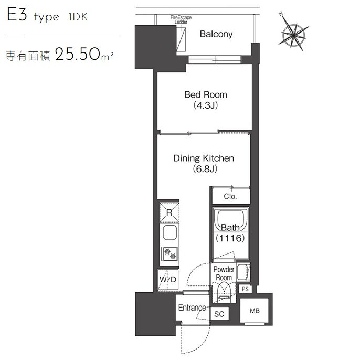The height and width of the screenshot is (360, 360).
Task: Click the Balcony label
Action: click(x=216, y=34)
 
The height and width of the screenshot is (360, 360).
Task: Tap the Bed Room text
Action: click(x=206, y=94)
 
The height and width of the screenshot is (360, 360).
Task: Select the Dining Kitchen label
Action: click(x=204, y=158)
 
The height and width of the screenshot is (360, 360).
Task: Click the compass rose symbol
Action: click(x=293, y=35)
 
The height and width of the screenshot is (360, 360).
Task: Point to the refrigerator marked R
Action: click(x=170, y=213)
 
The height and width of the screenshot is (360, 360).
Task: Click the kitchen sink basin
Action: click(x=170, y=232)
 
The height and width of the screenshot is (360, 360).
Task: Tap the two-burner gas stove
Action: click(x=170, y=253)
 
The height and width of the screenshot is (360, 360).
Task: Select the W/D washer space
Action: click(x=168, y=279)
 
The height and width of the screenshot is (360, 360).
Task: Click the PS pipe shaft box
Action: click(x=245, y=289)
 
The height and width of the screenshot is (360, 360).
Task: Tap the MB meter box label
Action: click(x=255, y=311)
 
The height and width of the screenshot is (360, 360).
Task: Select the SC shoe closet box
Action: click(x=219, y=314)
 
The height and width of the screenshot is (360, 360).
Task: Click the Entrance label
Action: click(x=192, y=308)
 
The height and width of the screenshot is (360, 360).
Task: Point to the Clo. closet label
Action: click(x=230, y=196)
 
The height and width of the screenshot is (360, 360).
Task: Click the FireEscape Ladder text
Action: click(x=181, y=20)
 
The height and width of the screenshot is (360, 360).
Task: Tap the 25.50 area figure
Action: click(x=78, y=54)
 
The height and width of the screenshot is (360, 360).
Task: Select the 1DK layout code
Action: click(x=78, y=17)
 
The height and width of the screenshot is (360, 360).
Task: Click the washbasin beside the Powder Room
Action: click(x=242, y=272)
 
